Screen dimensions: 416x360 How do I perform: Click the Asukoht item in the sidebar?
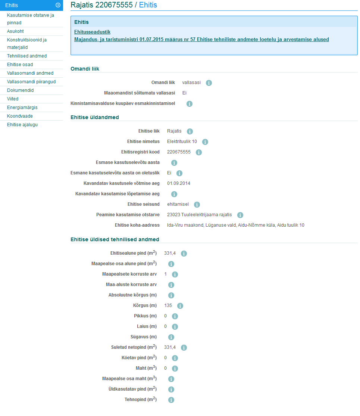point(15,31)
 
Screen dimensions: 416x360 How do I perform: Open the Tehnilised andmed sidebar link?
point(27,56)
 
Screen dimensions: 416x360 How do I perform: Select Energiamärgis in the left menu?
point(22,108)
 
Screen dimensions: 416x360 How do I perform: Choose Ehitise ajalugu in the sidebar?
point(22,125)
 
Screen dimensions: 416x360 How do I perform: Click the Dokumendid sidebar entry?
point(20,90)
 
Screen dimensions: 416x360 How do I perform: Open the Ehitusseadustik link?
point(92,32)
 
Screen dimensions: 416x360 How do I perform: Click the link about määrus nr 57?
point(201,39)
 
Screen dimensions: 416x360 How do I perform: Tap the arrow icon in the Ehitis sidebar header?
point(58,5)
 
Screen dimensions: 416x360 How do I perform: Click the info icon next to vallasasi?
point(209,83)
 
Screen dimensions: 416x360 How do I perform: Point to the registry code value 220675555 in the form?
point(179,152)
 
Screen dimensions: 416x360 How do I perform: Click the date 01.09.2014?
point(179,183)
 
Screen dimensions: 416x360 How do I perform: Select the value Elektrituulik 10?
point(182,142)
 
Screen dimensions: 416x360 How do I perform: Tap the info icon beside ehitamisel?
point(197,205)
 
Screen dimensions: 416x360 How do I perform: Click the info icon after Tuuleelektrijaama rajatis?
point(240,215)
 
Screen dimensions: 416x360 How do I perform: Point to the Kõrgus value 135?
point(168,306)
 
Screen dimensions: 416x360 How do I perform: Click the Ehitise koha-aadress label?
point(137,225)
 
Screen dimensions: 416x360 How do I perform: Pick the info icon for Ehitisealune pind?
point(184,254)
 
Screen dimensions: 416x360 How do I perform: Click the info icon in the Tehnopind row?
point(171,400)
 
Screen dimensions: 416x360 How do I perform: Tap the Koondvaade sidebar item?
point(20,116)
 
